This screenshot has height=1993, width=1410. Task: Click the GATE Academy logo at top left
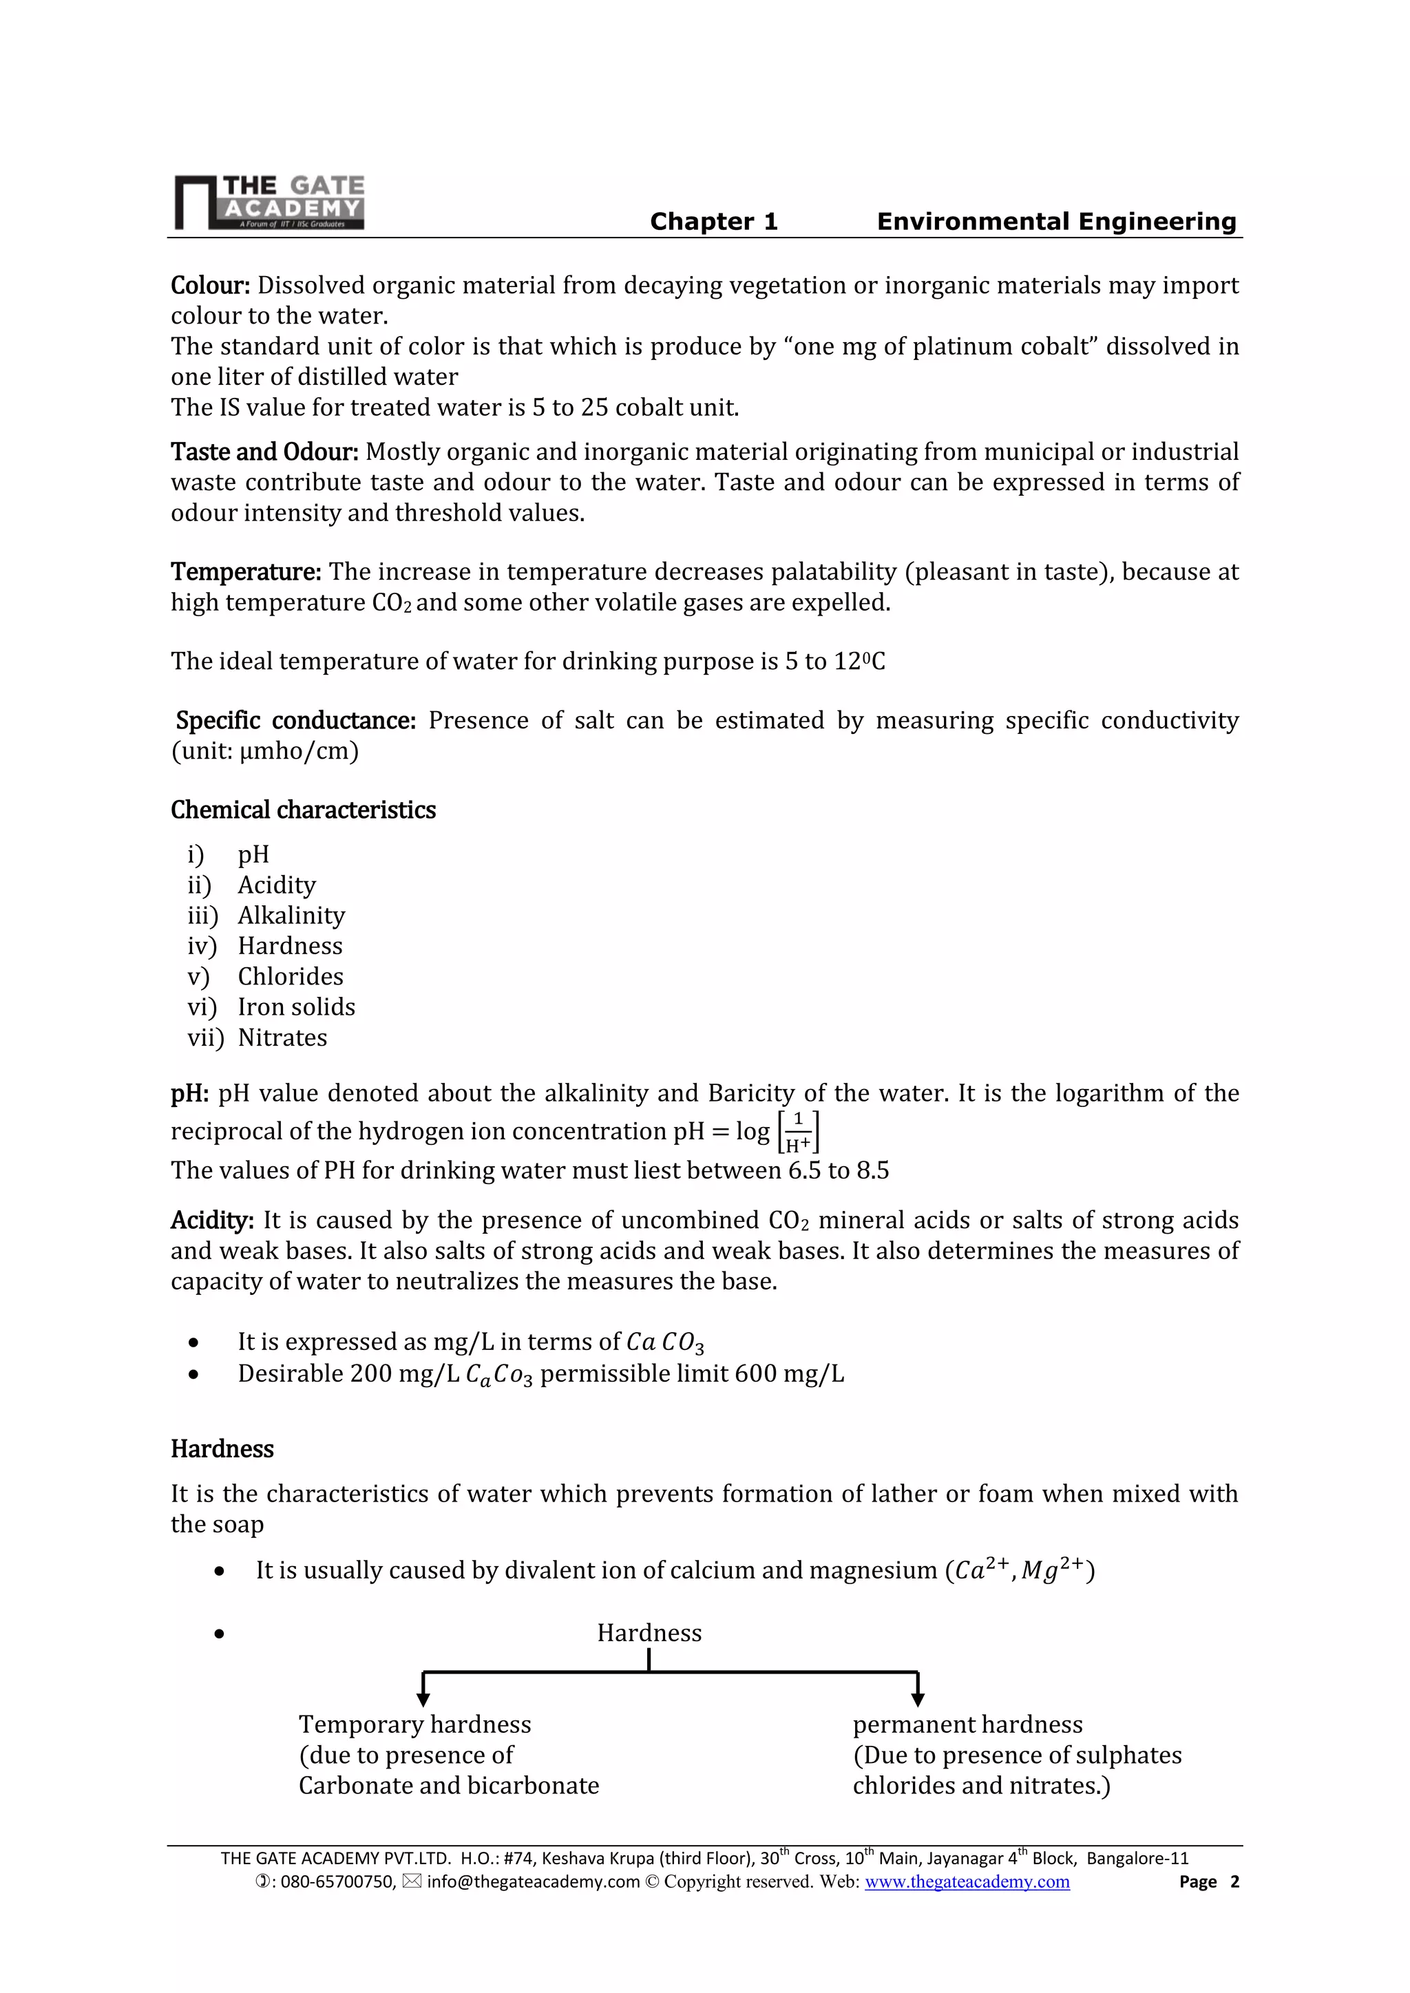tap(269, 202)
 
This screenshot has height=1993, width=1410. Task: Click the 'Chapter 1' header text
tap(714, 222)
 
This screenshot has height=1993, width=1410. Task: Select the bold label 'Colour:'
tap(210, 286)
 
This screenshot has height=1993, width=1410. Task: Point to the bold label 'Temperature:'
tap(246, 572)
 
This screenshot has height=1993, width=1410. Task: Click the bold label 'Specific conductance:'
tap(296, 721)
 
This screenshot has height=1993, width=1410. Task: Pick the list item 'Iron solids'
tap(296, 1007)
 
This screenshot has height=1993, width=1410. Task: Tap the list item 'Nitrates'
tap(282, 1038)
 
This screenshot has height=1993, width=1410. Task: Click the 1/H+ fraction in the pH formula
tap(798, 1132)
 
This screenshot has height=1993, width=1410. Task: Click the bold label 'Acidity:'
tap(212, 1221)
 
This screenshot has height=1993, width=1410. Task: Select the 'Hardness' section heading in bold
tap(222, 1448)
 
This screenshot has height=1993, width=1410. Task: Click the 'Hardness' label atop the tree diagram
tap(649, 1633)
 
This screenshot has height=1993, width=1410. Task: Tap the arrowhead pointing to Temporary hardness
tap(423, 1700)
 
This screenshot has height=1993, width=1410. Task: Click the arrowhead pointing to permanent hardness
tap(918, 1700)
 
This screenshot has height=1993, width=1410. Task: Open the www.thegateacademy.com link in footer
tap(967, 1882)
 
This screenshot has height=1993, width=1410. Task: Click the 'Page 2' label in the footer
tap(1208, 1882)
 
